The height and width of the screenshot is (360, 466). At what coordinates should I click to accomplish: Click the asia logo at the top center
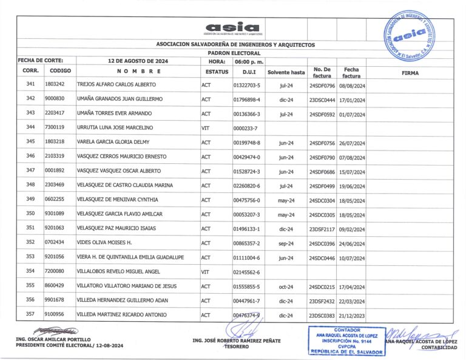coord(232,27)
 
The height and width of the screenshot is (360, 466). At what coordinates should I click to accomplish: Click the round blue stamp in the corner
coord(417,35)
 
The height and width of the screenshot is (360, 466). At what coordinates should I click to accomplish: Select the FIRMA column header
coord(410,72)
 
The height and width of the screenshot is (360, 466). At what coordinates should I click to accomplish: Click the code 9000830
coord(55,99)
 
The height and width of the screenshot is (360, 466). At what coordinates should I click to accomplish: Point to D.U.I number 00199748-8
coord(246,142)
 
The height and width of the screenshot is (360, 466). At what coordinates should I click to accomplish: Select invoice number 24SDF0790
coord(322,157)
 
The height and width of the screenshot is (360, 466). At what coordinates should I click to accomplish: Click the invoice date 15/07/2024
coord(351,172)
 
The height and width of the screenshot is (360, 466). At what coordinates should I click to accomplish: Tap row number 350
coord(31,214)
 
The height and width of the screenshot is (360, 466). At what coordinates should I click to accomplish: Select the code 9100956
coord(55,314)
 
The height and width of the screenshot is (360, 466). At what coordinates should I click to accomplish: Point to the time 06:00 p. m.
coord(249,61)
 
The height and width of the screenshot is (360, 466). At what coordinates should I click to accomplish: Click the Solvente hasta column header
coord(286,72)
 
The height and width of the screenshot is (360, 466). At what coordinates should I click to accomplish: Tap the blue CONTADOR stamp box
coord(346,342)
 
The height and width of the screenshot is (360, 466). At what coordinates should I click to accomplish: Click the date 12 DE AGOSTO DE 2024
coord(137,61)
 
